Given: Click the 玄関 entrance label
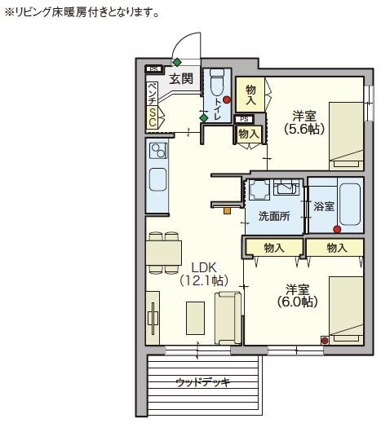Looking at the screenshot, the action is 181,79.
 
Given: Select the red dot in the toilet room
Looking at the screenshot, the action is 227,100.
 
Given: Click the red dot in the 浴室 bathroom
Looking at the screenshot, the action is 337,230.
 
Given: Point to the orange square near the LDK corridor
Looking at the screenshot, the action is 227,210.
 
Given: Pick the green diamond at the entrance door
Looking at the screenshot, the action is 177,62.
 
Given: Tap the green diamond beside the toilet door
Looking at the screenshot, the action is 203,118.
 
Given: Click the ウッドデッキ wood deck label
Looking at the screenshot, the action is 203,382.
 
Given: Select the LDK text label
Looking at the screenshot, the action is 204,267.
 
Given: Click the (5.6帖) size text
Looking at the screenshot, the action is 304,130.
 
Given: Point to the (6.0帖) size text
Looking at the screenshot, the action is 298,302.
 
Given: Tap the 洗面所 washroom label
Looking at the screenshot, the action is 274,216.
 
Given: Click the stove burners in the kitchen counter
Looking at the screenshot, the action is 158,151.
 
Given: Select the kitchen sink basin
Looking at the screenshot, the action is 157,179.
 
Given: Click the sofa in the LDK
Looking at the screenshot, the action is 228,318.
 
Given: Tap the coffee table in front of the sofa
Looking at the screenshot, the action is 195,318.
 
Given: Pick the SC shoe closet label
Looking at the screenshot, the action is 153,117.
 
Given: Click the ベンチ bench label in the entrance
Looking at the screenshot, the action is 153,94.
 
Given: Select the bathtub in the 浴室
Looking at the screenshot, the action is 351,205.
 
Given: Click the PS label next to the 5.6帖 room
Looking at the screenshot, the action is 244,119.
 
